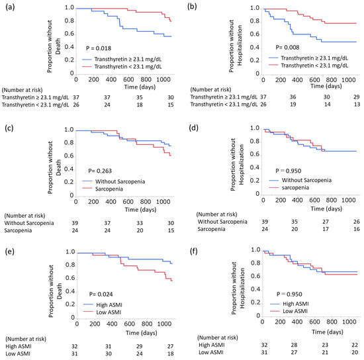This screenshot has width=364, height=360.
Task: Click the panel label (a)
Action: (x=10, y=7)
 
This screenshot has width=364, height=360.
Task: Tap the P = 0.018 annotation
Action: (x=99, y=48)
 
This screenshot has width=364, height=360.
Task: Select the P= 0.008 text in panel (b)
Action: (x=287, y=48)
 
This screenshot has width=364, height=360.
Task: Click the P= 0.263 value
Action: (x=100, y=171)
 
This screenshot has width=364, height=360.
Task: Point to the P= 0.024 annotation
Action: (x=101, y=294)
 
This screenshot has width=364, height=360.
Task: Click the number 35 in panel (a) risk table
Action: (x=140, y=97)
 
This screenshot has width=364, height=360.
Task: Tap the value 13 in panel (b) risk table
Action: (x=357, y=104)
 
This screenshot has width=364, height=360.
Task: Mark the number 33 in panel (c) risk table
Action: (x=140, y=223)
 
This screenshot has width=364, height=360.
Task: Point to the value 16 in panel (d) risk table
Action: (x=357, y=229)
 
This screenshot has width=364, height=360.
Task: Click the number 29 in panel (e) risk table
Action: (x=139, y=346)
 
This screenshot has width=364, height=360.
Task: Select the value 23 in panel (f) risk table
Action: (x=325, y=345)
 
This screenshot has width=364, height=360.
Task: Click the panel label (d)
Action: (x=194, y=128)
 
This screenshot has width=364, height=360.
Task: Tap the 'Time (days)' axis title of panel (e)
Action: (x=142, y=333)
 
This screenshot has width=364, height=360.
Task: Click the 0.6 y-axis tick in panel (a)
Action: (x=69, y=34)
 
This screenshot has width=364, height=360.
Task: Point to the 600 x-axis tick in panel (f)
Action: (x=314, y=322)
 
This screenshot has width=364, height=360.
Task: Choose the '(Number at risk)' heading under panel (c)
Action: (x=24, y=216)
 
